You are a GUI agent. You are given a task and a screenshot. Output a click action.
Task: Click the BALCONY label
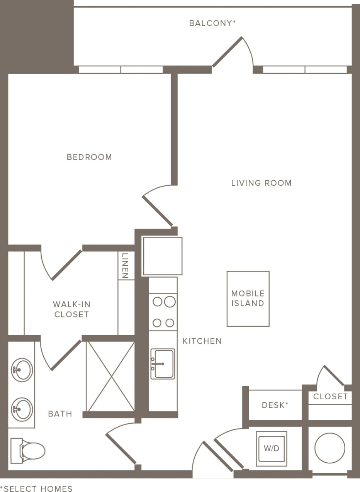[212, 23]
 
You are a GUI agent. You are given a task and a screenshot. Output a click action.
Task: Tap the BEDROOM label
[89, 157]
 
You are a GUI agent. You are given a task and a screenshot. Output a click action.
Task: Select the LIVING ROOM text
[261, 183]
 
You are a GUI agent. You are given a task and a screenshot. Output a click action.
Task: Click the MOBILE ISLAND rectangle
[248, 299]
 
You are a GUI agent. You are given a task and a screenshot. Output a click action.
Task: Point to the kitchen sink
[163, 364]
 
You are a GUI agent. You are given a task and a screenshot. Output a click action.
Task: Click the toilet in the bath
[29, 450]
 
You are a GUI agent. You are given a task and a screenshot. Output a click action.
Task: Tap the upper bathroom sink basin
[22, 370]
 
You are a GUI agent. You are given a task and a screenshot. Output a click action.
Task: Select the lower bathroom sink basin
[22, 409]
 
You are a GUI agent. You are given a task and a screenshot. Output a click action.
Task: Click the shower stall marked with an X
[110, 376]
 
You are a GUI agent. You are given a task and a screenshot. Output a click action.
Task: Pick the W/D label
[272, 449]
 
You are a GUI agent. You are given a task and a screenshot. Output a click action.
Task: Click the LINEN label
[125, 266]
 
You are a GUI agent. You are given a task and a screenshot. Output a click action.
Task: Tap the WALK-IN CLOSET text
[71, 309]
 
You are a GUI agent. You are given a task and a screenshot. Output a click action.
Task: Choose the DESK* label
[275, 405]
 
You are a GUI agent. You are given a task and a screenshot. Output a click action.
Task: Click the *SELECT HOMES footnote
[36, 489]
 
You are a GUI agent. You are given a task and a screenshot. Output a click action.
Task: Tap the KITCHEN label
[202, 341]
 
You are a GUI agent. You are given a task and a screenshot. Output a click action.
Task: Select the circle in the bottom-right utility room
[329, 448]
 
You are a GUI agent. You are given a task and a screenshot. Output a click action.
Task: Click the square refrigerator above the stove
[162, 256]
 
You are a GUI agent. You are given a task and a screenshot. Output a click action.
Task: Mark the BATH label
[60, 414]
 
